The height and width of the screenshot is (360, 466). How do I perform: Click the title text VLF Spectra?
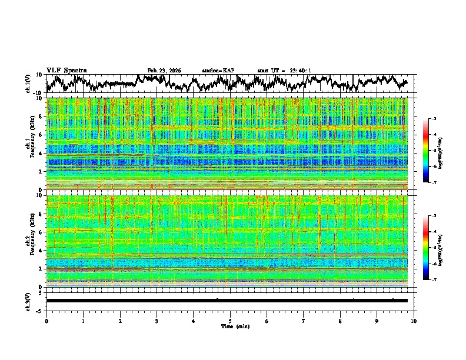tap(66, 70)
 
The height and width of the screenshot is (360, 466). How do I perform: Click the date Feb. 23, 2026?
tap(164, 71)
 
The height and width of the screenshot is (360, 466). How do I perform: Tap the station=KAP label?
tap(218, 71)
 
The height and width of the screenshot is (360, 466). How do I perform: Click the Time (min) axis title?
tap(235, 326)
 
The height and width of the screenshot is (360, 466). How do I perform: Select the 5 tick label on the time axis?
tap(230, 321)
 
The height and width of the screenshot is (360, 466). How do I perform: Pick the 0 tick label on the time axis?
tap(46, 321)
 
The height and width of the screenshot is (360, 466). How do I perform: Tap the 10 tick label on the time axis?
tap(414, 321)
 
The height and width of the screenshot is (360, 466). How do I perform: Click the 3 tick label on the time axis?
tap(157, 321)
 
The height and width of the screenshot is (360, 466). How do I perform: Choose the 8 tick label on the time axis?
tap(340, 321)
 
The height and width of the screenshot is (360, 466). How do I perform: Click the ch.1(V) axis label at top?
tap(29, 84)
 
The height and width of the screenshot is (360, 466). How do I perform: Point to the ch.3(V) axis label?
tap(29, 301)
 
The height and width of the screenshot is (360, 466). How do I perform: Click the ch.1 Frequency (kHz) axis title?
tap(31, 144)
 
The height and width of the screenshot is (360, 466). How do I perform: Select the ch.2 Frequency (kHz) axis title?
tap(31, 241)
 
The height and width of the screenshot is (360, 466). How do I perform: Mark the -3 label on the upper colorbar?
tap(433, 119)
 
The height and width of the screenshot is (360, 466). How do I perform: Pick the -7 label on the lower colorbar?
tap(433, 280)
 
